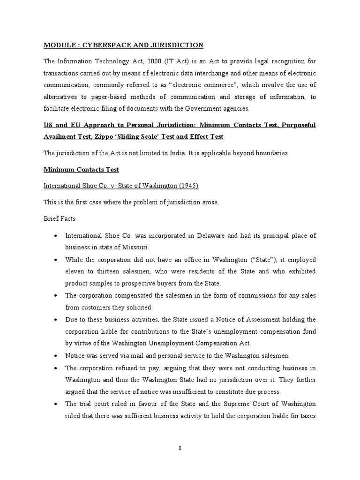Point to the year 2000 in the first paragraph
151,61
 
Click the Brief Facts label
60,218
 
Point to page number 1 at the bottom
180,448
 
